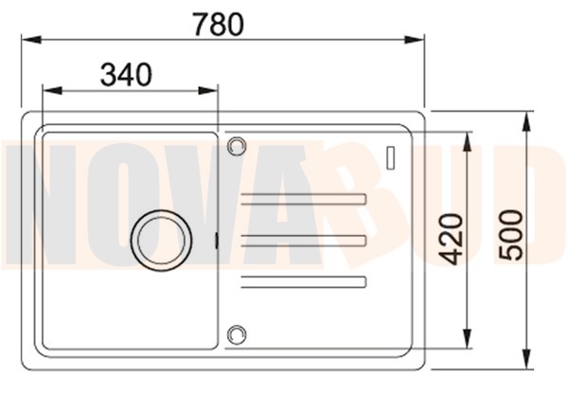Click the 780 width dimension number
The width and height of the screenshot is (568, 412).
(219, 23)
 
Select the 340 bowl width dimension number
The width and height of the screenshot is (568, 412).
(125, 74)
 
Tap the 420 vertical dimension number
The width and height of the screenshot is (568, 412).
(452, 239)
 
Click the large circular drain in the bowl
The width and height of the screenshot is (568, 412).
(156, 238)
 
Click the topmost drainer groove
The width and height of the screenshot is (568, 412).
(304, 198)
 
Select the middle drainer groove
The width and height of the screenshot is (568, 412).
(304, 240)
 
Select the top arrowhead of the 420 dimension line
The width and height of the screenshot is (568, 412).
(466, 138)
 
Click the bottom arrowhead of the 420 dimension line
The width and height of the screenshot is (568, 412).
(466, 343)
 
